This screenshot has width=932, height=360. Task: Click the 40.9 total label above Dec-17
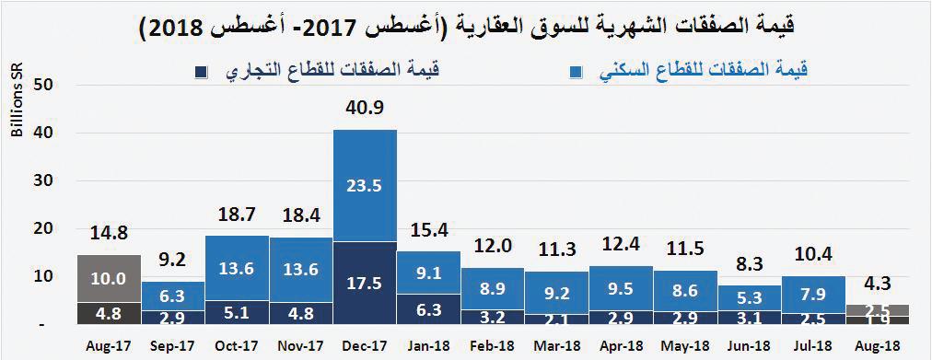(365, 108)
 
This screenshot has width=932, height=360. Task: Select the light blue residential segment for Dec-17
(365, 184)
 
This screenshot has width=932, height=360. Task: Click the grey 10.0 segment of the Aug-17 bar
(109, 277)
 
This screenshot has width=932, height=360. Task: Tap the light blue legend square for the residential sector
(575, 72)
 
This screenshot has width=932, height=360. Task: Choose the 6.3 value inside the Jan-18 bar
(428, 309)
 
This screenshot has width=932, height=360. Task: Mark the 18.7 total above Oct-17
(237, 214)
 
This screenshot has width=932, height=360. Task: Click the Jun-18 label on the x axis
(747, 347)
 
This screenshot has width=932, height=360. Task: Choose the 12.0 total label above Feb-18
(492, 246)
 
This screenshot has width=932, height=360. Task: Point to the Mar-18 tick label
(555, 347)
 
